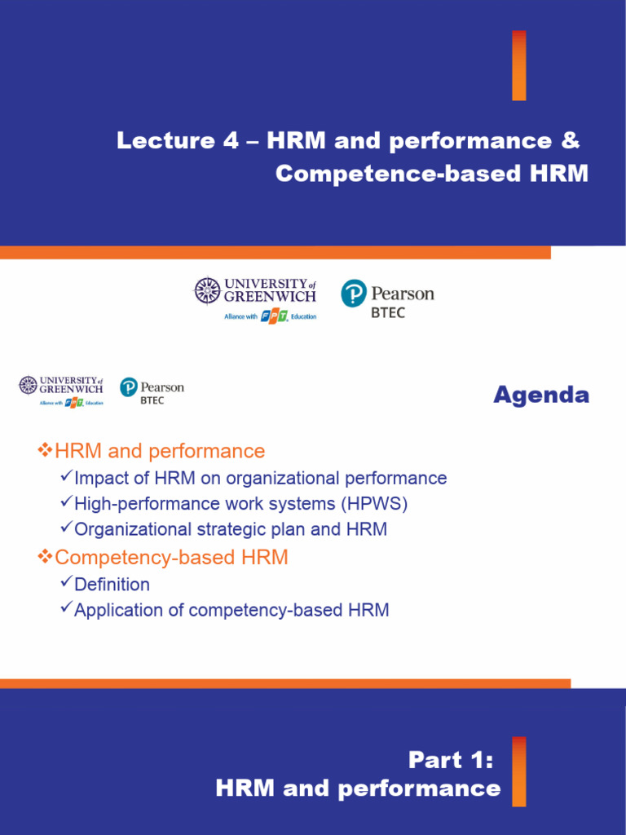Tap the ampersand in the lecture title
[x=571, y=141]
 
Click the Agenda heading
[x=540, y=395]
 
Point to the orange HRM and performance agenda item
[x=159, y=451]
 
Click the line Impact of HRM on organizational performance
[x=260, y=479]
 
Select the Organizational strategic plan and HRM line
[x=230, y=529]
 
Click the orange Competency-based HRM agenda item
[x=170, y=558]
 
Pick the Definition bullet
[x=112, y=585]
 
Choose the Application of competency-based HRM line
[x=231, y=610]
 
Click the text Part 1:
[x=451, y=761]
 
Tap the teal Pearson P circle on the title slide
[x=353, y=293]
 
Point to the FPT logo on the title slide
[x=274, y=316]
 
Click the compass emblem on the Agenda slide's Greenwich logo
[x=29, y=384]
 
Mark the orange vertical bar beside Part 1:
[x=518, y=771]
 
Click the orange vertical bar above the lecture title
[x=518, y=65]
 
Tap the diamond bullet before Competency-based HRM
[x=45, y=557]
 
